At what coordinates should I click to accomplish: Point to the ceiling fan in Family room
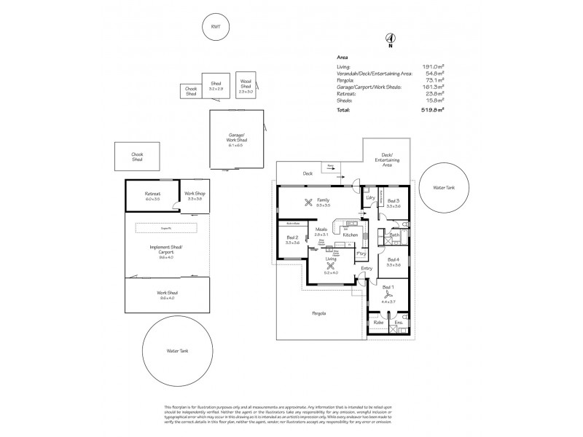coord(310,202)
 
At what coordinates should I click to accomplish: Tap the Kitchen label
coord(350,235)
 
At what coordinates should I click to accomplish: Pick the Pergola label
coord(318,314)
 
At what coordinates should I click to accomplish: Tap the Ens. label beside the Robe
coord(399,322)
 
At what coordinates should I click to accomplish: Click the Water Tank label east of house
coord(445,187)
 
